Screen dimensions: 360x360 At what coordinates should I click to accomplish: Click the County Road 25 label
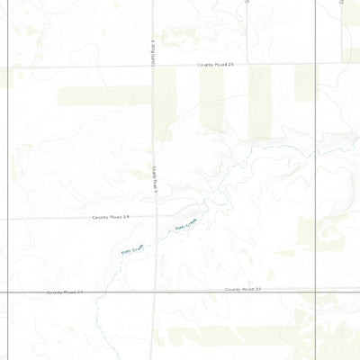click(217, 65)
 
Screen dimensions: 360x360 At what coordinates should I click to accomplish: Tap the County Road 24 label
click(111, 217)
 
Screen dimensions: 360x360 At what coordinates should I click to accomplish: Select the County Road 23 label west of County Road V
click(65, 292)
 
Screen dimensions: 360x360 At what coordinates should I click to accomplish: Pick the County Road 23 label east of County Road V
click(243, 290)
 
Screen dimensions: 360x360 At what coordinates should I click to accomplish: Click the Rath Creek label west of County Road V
click(132, 252)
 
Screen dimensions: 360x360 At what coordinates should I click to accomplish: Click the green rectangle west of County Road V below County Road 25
click(103, 94)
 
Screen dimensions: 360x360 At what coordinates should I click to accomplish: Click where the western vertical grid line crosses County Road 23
click(10, 292)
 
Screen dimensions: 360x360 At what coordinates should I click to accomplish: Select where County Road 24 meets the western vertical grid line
click(10, 219)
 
